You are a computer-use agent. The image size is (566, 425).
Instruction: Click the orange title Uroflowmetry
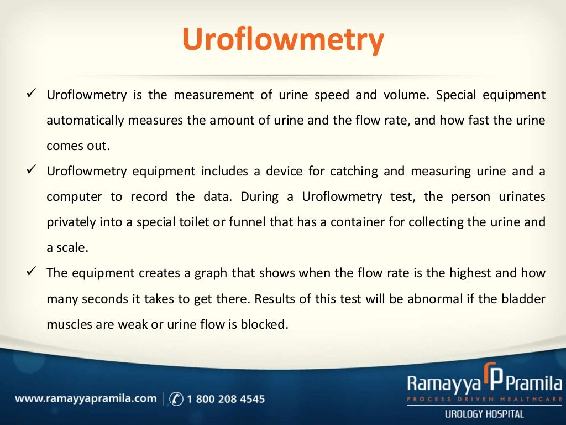(282, 40)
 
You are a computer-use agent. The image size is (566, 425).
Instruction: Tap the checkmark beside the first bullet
(31, 94)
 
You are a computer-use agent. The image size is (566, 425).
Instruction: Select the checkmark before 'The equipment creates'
(31, 272)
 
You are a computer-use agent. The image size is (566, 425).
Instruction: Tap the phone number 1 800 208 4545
(226, 398)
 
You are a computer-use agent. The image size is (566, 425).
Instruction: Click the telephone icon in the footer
(176, 398)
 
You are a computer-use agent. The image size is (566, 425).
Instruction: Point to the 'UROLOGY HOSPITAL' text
(484, 413)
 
